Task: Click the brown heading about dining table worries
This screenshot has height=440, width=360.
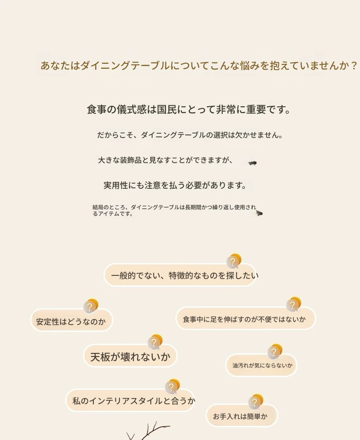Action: (x=199, y=66)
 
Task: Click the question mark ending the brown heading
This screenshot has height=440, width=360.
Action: (x=354, y=66)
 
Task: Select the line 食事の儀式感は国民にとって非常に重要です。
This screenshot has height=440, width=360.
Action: (x=189, y=109)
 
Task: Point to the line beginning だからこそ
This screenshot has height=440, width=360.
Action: (x=190, y=135)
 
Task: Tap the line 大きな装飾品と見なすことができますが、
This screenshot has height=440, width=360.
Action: (x=165, y=160)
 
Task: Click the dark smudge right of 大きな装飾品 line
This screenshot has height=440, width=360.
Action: (x=252, y=163)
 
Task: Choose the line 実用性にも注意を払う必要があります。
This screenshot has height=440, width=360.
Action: (x=175, y=185)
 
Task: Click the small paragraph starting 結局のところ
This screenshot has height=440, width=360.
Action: (x=174, y=211)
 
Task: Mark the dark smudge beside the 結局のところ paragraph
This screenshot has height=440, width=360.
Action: (x=259, y=213)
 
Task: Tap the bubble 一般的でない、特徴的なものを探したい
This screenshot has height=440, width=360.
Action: (x=180, y=275)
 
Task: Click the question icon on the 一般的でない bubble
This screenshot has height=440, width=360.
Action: (x=234, y=261)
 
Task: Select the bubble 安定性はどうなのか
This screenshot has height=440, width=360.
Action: (x=72, y=320)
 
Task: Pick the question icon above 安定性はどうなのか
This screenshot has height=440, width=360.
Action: (x=91, y=306)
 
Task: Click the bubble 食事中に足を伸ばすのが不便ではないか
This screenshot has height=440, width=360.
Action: (x=246, y=318)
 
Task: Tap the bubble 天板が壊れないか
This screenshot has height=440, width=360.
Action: (x=130, y=356)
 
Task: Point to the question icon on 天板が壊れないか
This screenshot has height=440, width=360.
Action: (x=155, y=342)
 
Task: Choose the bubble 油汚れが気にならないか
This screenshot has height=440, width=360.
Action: (x=261, y=365)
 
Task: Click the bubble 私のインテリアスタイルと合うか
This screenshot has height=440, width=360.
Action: (x=130, y=400)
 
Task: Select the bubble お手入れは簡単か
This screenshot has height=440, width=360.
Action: (x=242, y=415)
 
